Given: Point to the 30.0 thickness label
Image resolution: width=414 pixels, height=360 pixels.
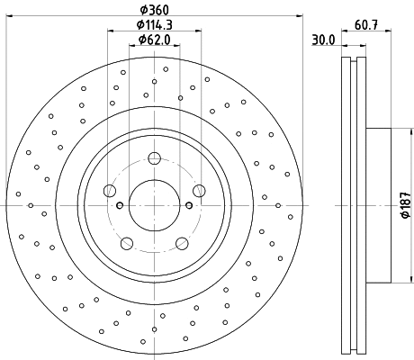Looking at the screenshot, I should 323,40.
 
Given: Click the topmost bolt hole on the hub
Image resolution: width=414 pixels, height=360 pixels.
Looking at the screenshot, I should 154,158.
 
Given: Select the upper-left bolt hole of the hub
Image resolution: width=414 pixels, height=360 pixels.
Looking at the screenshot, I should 110,190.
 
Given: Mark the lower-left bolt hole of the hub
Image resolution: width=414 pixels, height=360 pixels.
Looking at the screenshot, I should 127,242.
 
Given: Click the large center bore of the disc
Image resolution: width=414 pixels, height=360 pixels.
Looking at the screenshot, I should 154,204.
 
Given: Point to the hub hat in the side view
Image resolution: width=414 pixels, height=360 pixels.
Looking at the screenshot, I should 378,205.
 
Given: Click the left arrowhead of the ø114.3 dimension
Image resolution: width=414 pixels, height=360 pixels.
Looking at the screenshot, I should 111,32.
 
